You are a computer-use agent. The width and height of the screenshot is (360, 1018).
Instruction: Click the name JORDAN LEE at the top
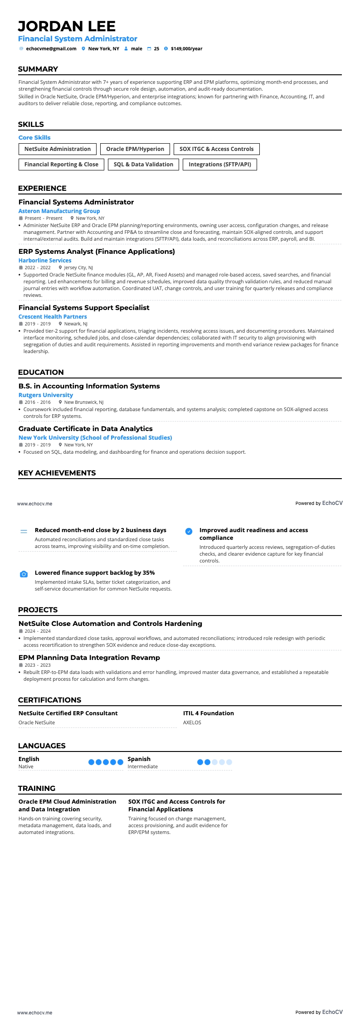pos(67,26)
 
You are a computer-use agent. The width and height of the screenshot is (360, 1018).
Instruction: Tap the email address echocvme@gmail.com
pos(51,48)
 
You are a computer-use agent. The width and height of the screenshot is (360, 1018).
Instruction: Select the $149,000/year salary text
pos(186,48)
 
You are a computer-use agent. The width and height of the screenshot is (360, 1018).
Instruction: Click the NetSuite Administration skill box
pos(58,149)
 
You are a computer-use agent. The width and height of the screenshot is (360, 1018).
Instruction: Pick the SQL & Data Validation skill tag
pos(143,165)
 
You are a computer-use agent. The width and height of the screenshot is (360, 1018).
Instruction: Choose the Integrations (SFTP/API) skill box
pos(219,165)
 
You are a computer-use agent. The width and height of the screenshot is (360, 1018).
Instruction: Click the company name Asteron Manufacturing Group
pos(59,211)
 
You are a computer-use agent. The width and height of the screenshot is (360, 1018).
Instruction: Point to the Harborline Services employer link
pos(45,261)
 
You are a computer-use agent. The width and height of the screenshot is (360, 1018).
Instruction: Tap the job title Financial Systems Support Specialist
pos(84,308)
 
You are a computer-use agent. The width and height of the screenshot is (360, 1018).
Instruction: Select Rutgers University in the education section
pos(45,395)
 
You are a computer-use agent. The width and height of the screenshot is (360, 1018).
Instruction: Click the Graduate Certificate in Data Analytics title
pos(85,429)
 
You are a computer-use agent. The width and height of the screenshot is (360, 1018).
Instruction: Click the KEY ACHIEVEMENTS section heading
pos(57,473)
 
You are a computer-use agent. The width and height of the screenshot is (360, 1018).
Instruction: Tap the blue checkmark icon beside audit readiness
pos(189,531)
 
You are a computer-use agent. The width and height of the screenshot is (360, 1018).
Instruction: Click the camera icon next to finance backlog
pos(24,574)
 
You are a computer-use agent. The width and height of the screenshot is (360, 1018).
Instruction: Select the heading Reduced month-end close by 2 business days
pos(100,530)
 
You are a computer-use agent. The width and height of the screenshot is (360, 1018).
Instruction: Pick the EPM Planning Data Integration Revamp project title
pos(89,658)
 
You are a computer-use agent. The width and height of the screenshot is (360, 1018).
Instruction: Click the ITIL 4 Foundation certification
pos(209,713)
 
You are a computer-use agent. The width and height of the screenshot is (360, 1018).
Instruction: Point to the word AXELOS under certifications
pos(192,722)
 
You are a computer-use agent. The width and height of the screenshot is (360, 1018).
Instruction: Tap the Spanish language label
pos(139,759)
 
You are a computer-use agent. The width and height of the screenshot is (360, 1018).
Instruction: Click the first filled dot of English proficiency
pos(92,762)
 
